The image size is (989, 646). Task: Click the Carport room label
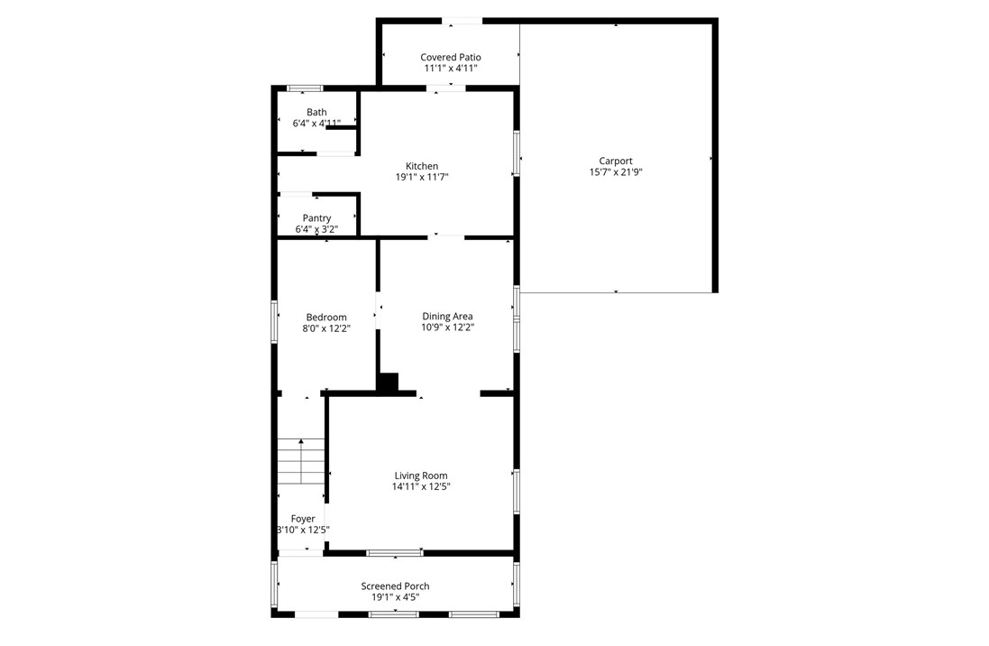pos(616,161)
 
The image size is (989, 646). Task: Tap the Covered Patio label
pos(450,58)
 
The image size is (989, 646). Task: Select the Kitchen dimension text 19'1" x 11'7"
pos(421,178)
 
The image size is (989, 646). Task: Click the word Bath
pos(316,113)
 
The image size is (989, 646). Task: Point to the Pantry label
pos(316,218)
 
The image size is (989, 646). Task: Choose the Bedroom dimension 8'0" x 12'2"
pos(325,329)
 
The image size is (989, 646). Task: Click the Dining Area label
pos(448,317)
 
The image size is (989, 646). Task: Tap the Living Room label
pos(421,475)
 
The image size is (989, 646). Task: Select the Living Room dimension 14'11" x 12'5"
pos(421,487)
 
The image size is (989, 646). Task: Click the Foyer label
pos(303,519)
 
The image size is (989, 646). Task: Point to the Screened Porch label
pos(396,586)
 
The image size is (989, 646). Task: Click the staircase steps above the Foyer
pos(300,461)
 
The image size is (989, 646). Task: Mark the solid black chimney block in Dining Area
pos(388,383)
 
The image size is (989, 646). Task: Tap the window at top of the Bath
pos(305,88)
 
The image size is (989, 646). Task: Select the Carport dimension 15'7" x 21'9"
pos(616,172)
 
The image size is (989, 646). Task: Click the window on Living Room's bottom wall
pos(395,552)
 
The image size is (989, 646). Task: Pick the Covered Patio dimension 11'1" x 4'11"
pos(450,69)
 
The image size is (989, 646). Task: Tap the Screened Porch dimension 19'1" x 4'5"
pos(396,597)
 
